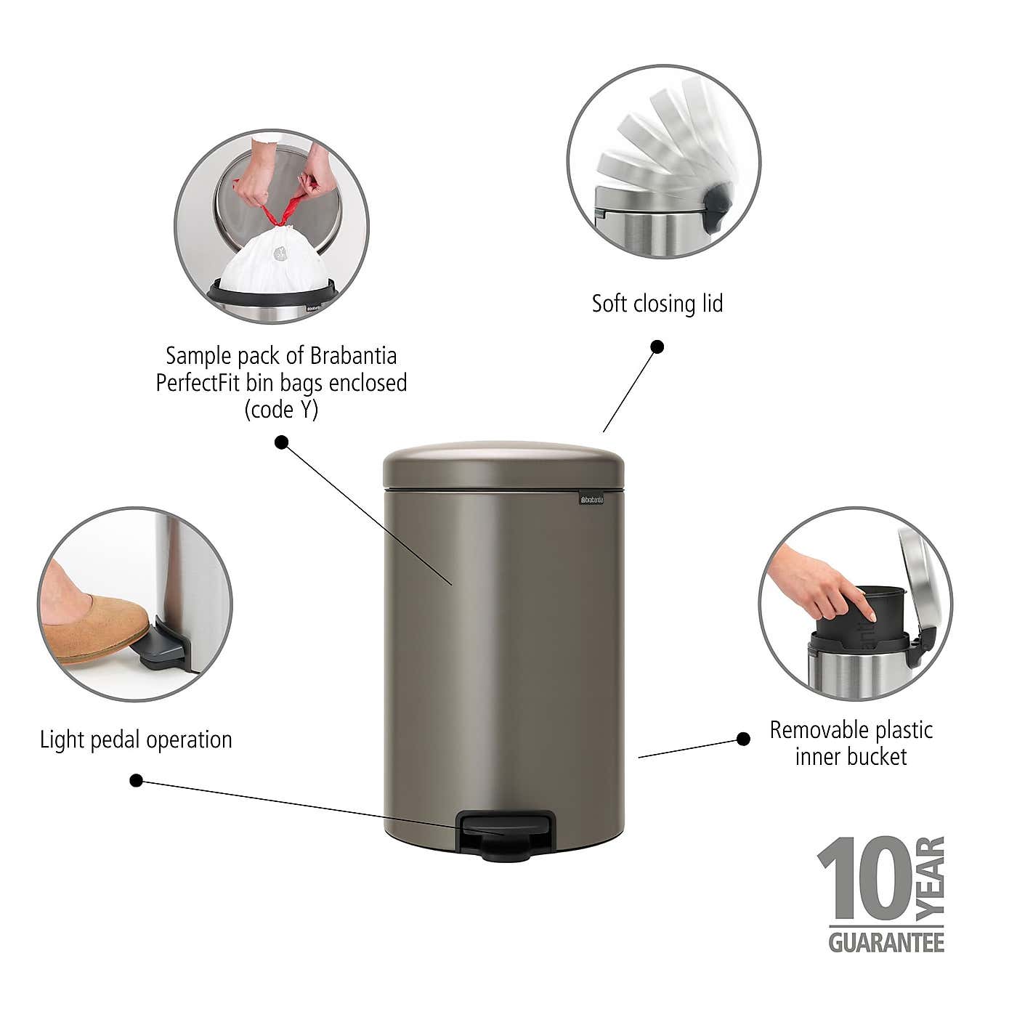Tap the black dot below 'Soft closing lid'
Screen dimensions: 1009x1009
pyautogui.click(x=657, y=347)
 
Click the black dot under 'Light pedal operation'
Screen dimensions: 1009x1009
pyautogui.click(x=136, y=781)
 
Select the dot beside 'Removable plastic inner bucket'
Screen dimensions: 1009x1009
pyautogui.click(x=743, y=739)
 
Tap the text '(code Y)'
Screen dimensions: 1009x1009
pyautogui.click(x=281, y=410)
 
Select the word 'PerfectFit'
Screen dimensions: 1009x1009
pyautogui.click(x=198, y=383)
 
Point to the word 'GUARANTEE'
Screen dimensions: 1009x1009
pyautogui.click(x=886, y=943)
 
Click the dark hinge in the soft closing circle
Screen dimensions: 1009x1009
pyautogui.click(x=716, y=205)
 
